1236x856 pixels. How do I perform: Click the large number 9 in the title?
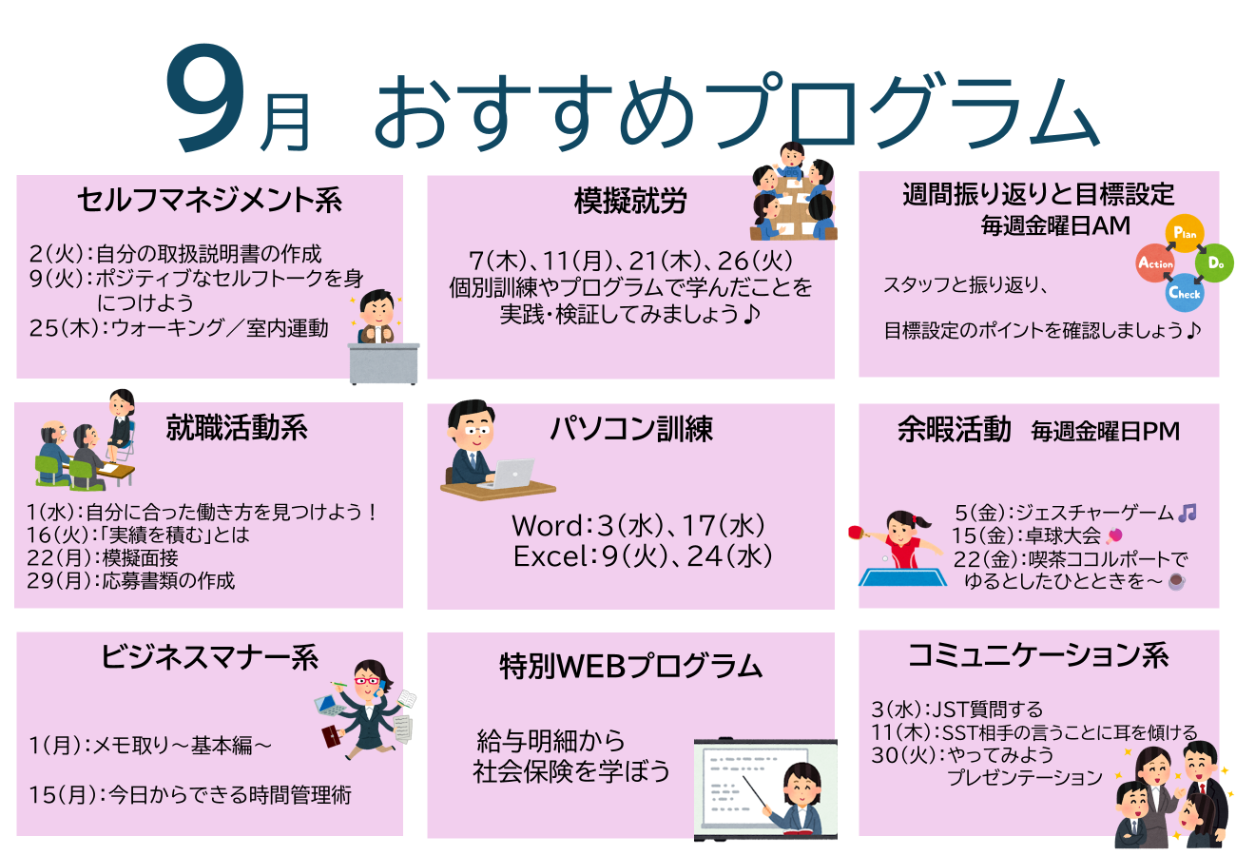tap(205, 97)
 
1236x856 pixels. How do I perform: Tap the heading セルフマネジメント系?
tap(209, 199)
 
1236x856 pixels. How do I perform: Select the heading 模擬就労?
tap(630, 201)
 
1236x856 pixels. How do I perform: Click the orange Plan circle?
tap(1184, 233)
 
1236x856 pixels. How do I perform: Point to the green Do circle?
tap(1214, 263)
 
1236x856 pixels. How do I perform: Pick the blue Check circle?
tap(1185, 293)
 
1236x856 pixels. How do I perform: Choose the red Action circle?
tap(1155, 263)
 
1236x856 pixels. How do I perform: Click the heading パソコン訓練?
tap(632, 429)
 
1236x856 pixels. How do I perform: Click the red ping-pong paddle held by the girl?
tap(856, 532)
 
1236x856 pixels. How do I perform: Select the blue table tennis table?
tap(903, 576)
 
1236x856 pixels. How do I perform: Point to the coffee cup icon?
tap(1177, 582)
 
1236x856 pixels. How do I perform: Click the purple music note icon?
tap(1188, 513)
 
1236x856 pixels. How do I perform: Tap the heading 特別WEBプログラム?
tap(631, 666)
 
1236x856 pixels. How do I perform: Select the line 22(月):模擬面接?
tap(103, 558)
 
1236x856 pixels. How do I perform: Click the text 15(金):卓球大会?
tap(1026, 535)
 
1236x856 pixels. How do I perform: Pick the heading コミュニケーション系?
tap(1038, 656)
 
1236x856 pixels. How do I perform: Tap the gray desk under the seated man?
tap(383, 363)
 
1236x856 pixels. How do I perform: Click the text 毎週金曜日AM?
tap(1055, 225)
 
